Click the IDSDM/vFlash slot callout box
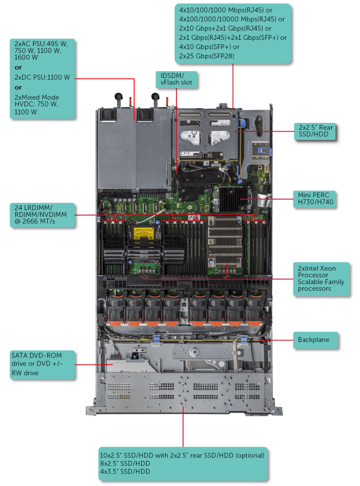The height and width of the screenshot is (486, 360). pos(176,79)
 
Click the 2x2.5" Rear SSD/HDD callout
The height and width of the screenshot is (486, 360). pos(315,131)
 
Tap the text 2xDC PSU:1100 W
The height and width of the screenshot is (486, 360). pos(42,77)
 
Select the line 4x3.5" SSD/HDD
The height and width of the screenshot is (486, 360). pos(125,471)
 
